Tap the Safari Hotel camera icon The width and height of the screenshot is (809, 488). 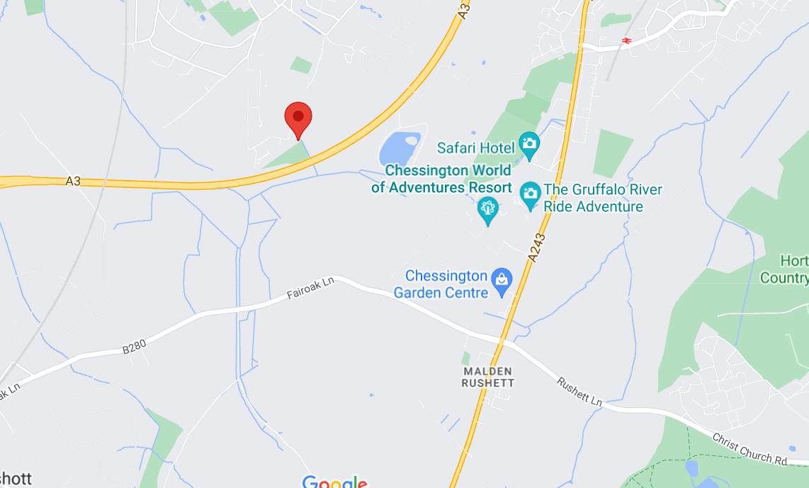click(528, 145)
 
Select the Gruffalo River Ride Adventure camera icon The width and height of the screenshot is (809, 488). click(530, 194)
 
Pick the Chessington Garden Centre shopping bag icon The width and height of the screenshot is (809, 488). click(502, 281)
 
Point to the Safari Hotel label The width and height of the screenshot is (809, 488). click(475, 148)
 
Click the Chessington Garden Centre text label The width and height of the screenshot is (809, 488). click(446, 284)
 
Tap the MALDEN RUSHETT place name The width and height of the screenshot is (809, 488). click(487, 377)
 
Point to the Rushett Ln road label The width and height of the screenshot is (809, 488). click(579, 392)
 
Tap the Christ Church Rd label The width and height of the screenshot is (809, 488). click(749, 450)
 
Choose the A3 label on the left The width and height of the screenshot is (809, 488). click(73, 182)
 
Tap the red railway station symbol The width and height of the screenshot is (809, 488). click(626, 40)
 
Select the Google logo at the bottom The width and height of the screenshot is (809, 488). click(334, 482)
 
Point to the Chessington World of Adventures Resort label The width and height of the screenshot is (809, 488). click(441, 179)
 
